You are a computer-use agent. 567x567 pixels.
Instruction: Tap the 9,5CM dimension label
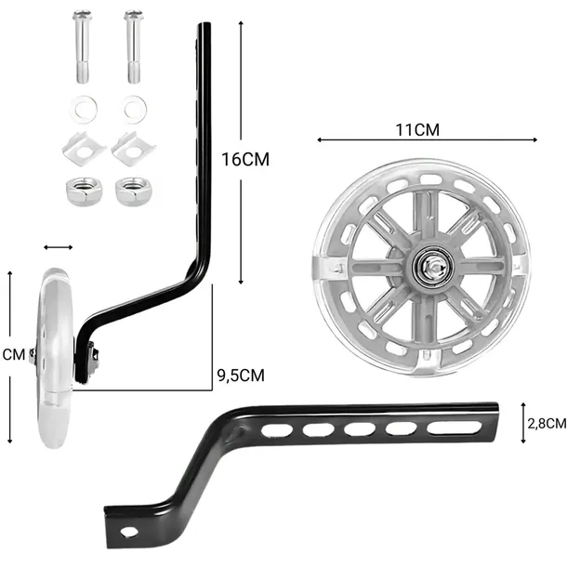tap(240, 376)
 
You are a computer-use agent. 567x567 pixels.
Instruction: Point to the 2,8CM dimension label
tap(545, 423)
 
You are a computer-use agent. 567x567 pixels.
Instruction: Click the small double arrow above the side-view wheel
tap(58, 247)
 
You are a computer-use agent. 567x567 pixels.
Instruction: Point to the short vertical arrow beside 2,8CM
tap(524, 422)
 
